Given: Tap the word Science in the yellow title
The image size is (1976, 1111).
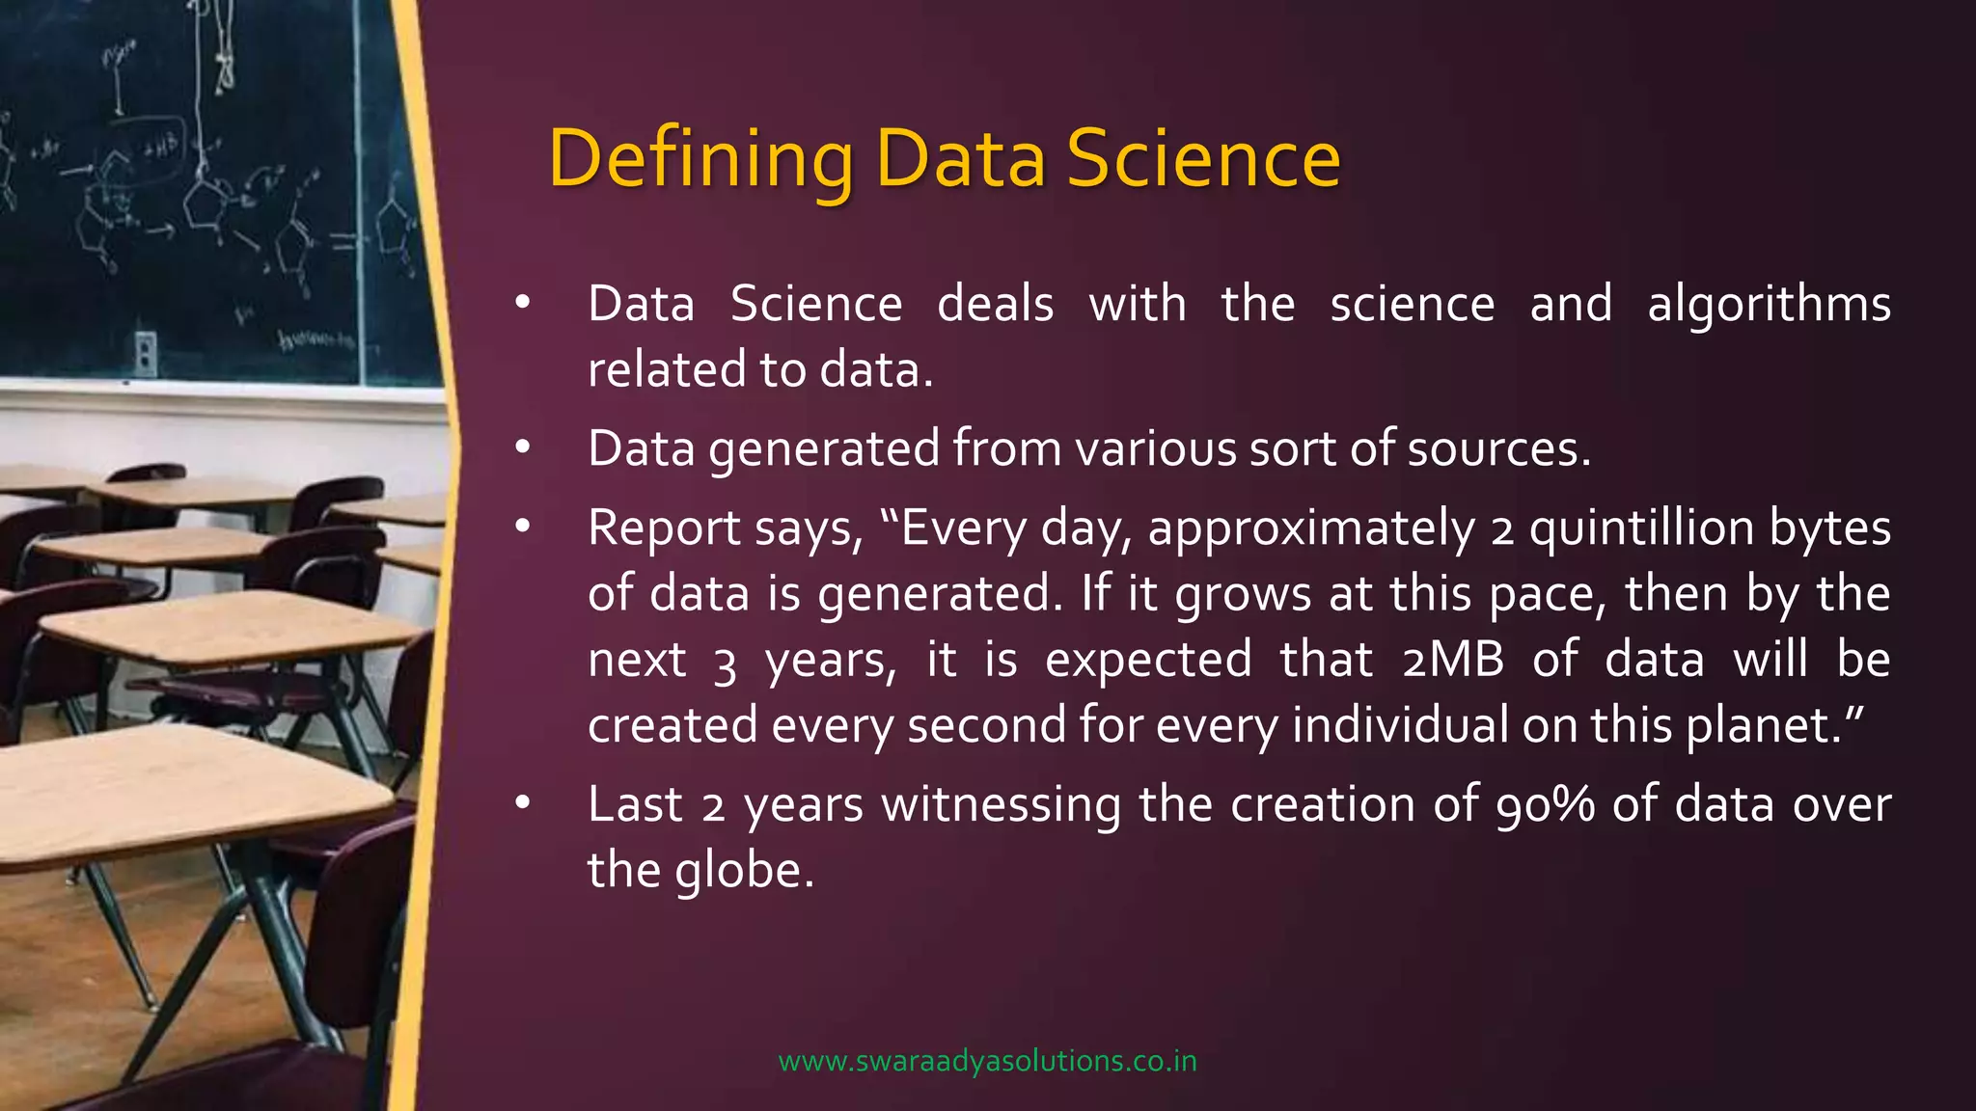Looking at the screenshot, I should (1203, 159).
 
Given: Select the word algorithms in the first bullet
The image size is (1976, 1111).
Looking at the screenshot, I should (1769, 306).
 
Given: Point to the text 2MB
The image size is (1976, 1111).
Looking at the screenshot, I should (1453, 661).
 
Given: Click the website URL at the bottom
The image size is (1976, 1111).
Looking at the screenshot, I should (987, 1062).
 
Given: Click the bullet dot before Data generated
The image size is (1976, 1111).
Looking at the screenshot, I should (522, 447).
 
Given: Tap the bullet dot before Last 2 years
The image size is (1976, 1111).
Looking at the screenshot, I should (522, 802).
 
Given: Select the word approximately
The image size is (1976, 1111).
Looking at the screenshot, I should (1311, 529).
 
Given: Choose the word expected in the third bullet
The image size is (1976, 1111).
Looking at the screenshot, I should (1147, 661).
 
